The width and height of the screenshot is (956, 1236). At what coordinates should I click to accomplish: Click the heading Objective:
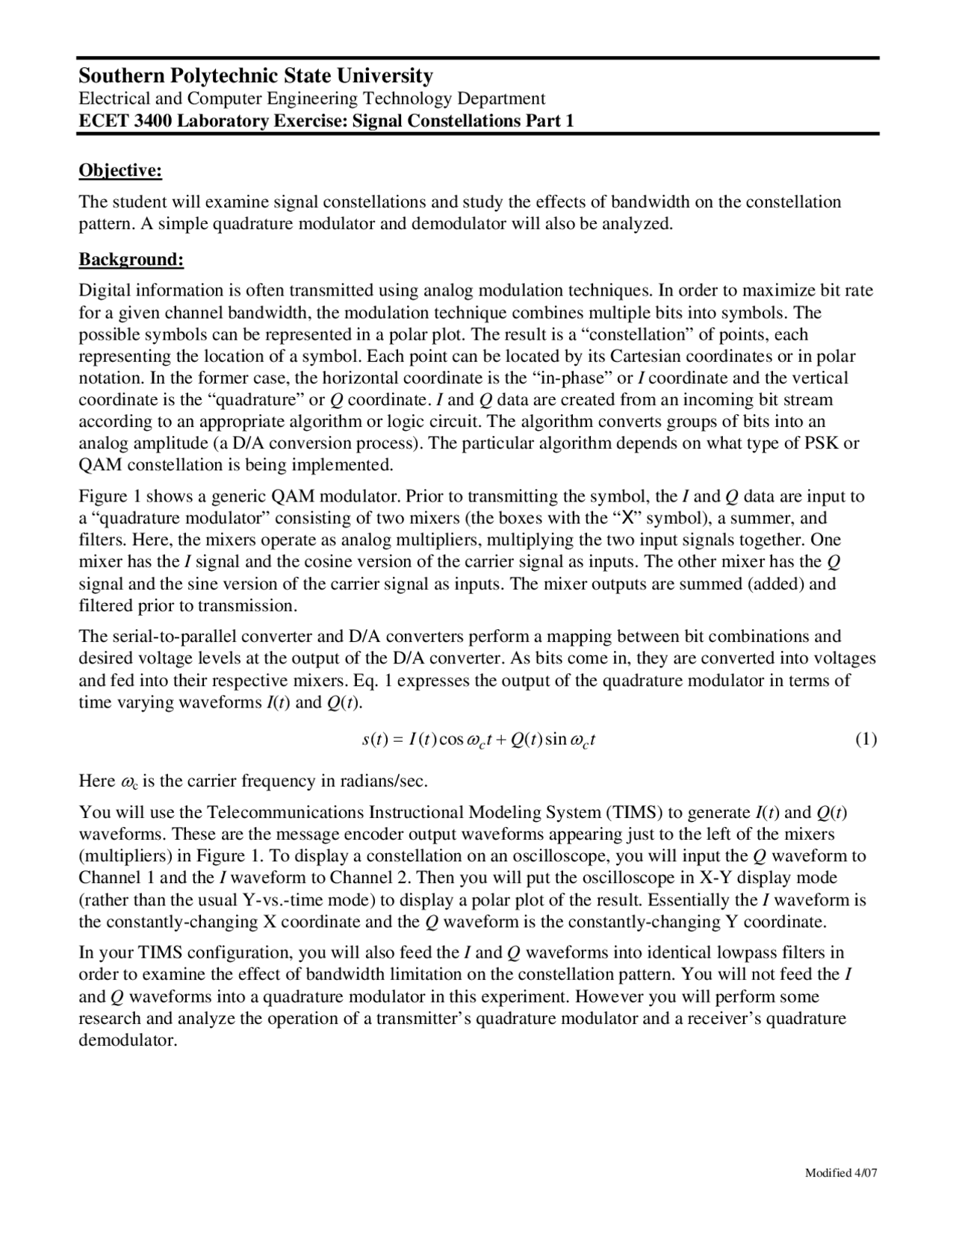pos(120,171)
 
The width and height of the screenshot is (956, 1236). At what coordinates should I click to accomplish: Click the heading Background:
pos(131,260)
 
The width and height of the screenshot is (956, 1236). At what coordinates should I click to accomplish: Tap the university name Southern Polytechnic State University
pos(255,76)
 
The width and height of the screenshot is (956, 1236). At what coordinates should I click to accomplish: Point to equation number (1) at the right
pos(866,740)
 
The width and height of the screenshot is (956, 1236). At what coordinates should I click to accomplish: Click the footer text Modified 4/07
pos(841,1173)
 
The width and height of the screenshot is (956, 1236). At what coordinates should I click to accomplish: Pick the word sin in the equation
pos(556,740)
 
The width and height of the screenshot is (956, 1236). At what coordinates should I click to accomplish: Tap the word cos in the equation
pos(451,740)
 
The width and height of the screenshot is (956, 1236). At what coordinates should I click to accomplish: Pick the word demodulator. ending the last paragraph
pos(128,1040)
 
